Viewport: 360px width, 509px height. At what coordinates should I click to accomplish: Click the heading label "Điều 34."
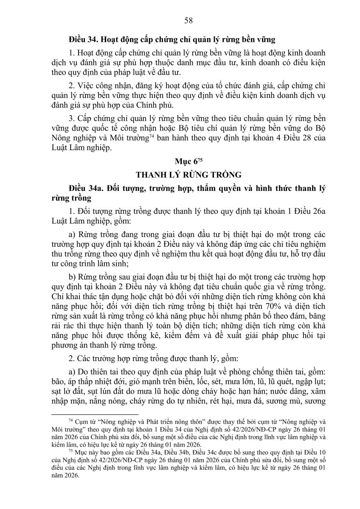[83, 39]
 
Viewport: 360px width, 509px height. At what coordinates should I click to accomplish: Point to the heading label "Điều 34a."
[85, 189]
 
